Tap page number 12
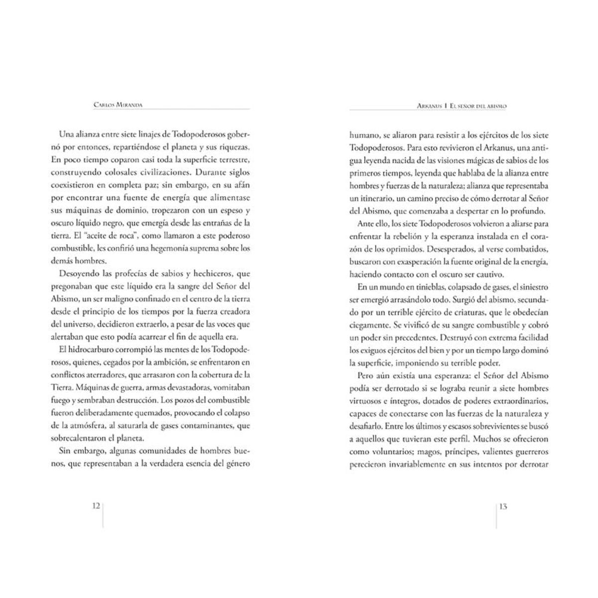click(96, 506)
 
